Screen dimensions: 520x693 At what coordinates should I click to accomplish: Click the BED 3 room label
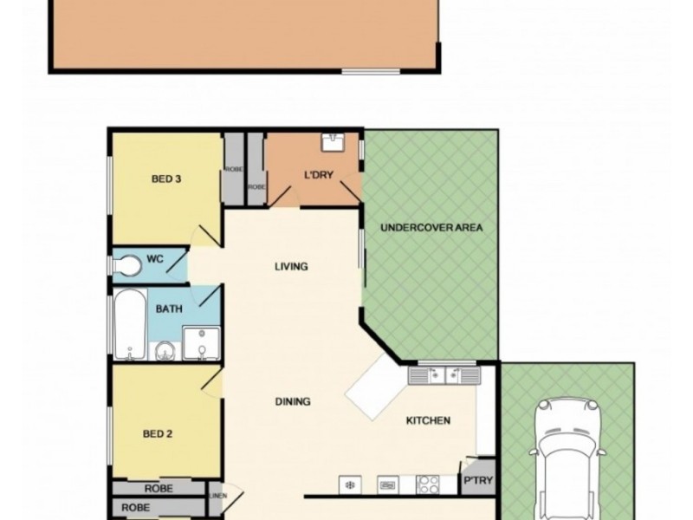165,180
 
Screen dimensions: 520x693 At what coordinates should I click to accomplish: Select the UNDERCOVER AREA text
431,228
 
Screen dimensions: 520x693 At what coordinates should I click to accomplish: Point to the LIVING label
291,266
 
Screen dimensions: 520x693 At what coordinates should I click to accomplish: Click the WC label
155,259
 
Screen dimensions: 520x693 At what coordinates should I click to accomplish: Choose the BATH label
168,309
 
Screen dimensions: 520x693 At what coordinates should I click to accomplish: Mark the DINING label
292,401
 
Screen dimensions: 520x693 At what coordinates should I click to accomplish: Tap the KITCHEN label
429,421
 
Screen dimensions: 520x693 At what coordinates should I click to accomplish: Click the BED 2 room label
157,434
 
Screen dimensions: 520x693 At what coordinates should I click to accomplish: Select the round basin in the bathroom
163,351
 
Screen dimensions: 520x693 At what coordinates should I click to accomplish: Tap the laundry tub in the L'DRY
333,142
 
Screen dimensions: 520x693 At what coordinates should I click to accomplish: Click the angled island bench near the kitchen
375,387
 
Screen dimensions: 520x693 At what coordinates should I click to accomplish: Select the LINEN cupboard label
216,496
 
